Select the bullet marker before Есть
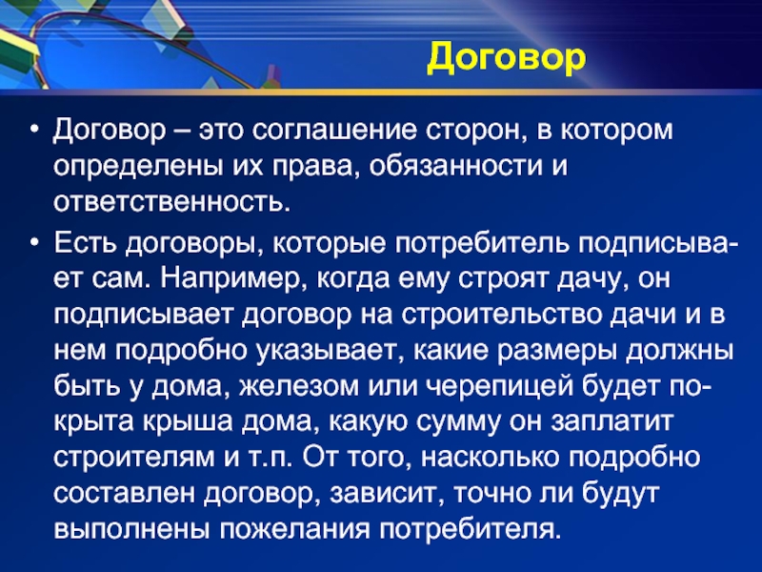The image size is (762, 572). pyautogui.click(x=33, y=243)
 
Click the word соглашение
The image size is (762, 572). pyautogui.click(x=334, y=132)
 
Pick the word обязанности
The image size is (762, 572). pyautogui.click(x=455, y=167)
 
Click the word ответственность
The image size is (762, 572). pyautogui.click(x=171, y=202)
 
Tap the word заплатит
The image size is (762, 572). pyautogui.click(x=612, y=422)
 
